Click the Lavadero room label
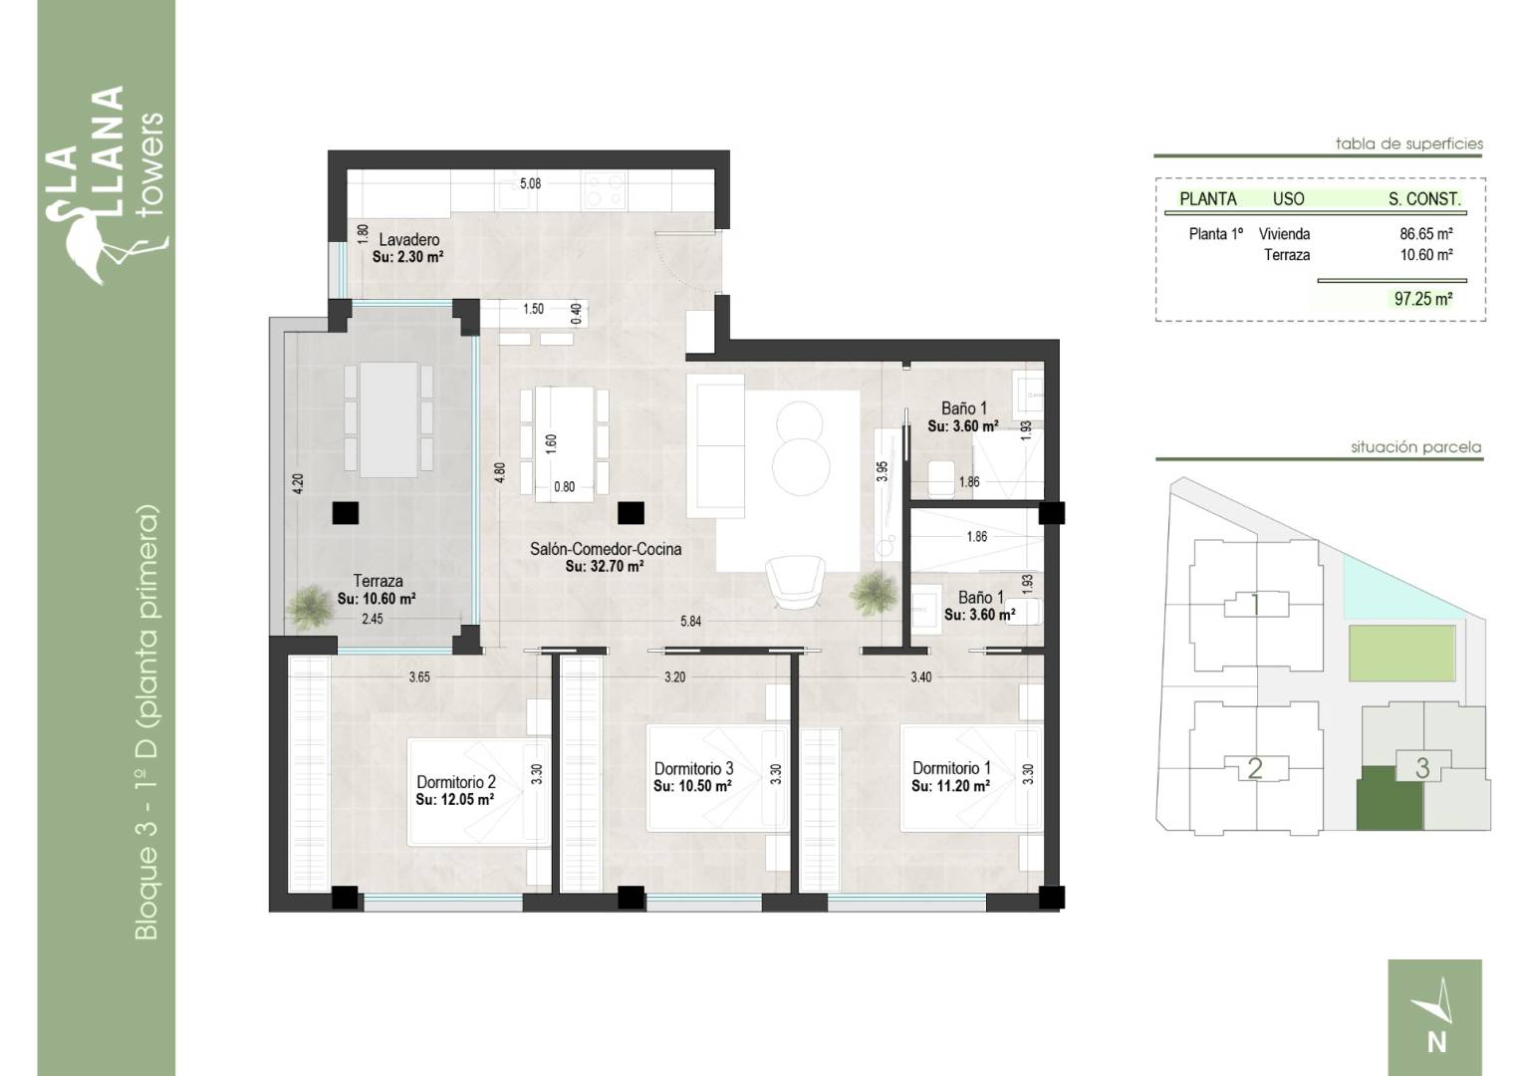[409, 240]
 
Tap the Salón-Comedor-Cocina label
[606, 549]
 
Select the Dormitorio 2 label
[456, 782]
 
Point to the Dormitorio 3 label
[693, 769]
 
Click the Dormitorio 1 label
[951, 768]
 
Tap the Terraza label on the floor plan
[378, 581]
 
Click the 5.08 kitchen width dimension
[531, 183]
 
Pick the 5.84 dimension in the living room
[691, 622]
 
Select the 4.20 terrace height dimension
[298, 483]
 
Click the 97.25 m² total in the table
[1423, 299]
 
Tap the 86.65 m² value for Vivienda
[1426, 234]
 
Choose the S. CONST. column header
[1424, 199]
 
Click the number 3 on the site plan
[1422, 769]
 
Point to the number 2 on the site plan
[1255, 769]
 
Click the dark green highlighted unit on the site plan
[1389, 799]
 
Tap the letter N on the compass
[1436, 1043]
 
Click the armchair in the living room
[795, 583]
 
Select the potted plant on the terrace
[310, 607]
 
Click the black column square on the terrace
[346, 512]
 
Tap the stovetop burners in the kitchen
[605, 190]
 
